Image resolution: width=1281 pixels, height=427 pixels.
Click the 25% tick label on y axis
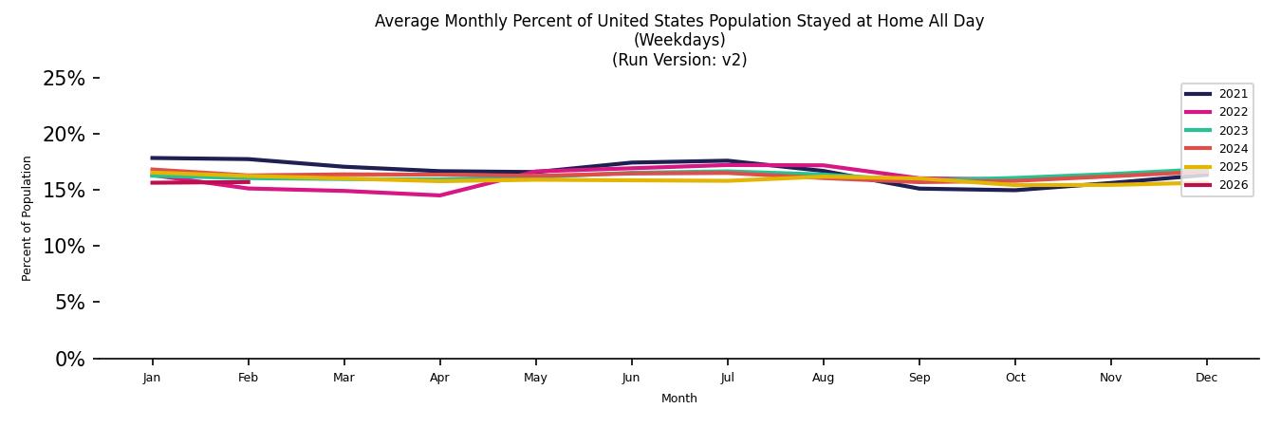64,79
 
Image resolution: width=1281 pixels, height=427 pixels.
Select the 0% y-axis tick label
68,359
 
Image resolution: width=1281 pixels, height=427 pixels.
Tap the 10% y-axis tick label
64,247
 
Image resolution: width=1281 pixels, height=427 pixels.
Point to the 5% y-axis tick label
68,303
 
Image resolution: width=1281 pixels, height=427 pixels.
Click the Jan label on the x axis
152,378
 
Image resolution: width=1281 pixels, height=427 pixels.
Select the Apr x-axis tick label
439,378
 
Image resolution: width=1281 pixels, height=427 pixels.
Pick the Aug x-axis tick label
823,378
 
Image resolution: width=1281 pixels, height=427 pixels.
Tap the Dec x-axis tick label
1206,378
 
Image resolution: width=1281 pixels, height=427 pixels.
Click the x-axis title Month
679,399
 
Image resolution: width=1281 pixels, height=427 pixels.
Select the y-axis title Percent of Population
28,218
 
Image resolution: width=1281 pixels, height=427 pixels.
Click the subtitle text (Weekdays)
679,40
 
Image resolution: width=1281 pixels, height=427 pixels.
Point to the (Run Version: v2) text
679,60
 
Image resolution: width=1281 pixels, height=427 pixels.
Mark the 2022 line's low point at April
439,195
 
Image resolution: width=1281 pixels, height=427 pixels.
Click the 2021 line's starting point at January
152,158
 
